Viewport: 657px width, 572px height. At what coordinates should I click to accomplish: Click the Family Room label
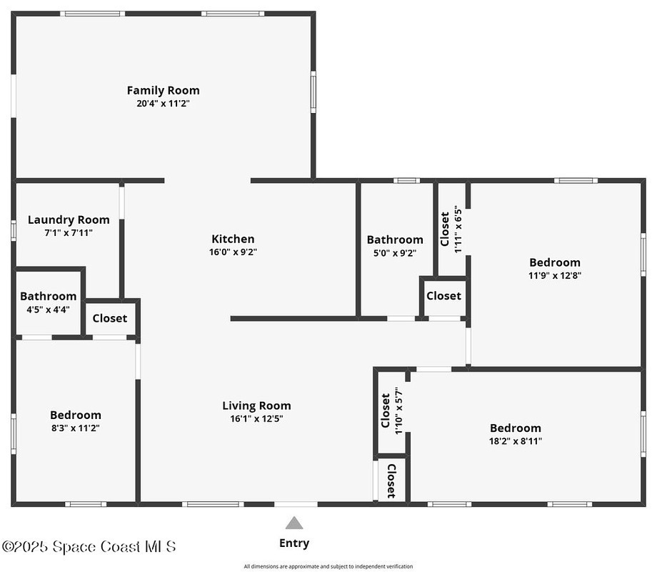[x=163, y=90]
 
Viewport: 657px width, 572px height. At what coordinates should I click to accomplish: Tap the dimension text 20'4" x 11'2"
[x=163, y=103]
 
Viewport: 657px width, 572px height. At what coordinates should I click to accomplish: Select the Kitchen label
[x=233, y=239]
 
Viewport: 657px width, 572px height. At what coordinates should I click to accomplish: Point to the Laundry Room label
[x=69, y=220]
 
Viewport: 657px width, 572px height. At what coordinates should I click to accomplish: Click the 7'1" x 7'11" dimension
[x=69, y=232]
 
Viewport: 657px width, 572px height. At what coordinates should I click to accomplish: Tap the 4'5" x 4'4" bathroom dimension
[x=48, y=310]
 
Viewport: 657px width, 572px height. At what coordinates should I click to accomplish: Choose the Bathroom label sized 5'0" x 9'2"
[x=395, y=240]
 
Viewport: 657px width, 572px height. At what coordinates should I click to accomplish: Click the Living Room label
[x=256, y=406]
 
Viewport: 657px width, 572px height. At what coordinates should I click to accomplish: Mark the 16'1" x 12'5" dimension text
[x=256, y=418]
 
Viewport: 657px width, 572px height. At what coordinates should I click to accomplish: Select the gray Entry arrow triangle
[x=294, y=523]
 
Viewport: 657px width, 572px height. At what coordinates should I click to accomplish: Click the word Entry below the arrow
[x=294, y=543]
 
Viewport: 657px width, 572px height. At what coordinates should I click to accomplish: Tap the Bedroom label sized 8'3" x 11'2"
[x=76, y=415]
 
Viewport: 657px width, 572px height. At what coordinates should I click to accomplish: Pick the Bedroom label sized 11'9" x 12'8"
[x=555, y=262]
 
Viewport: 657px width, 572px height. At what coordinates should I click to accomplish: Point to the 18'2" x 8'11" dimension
[x=516, y=441]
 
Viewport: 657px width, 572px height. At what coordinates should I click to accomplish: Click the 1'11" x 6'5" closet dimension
[x=458, y=229]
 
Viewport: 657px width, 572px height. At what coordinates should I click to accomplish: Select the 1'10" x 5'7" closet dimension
[x=398, y=410]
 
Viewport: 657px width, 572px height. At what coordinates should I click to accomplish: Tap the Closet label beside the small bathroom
[x=110, y=318]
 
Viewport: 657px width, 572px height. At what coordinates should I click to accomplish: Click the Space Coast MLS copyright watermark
[x=89, y=546]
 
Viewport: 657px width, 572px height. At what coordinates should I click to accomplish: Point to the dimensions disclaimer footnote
[x=328, y=566]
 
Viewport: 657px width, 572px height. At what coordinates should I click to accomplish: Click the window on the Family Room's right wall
[x=313, y=92]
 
